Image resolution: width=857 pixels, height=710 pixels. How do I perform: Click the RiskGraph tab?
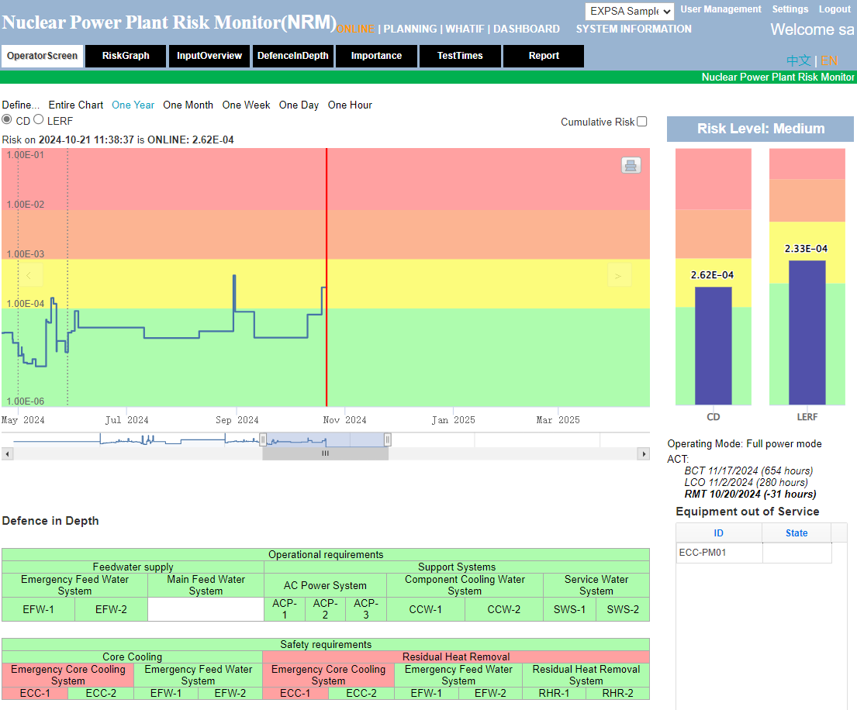click(126, 56)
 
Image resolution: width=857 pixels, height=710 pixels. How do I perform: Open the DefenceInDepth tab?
click(293, 56)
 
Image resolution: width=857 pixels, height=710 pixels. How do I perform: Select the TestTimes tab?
click(460, 56)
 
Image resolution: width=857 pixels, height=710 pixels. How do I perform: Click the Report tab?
click(544, 56)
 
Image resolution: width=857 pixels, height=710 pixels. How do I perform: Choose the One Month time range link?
click(188, 105)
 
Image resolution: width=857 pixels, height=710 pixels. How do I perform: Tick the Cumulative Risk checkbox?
click(641, 122)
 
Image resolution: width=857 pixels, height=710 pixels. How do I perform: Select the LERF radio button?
click(39, 120)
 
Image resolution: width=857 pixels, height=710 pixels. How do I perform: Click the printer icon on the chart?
click(631, 165)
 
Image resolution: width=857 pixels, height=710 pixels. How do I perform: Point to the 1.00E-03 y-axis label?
click(26, 254)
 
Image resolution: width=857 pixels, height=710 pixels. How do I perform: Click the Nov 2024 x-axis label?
click(345, 420)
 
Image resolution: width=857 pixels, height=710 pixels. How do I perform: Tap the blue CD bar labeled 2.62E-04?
click(713, 345)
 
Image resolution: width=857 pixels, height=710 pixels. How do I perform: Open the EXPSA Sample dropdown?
click(629, 11)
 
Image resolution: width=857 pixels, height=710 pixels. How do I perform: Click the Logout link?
click(835, 9)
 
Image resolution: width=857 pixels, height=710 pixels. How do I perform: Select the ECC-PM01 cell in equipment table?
click(719, 553)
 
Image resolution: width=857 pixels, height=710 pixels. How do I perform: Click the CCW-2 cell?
click(503, 609)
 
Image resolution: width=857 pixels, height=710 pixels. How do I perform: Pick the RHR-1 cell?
click(554, 693)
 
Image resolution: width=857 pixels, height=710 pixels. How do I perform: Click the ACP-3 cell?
click(366, 609)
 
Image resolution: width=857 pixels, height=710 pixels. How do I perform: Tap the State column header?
click(797, 532)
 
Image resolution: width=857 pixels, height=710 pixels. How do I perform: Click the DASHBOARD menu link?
click(527, 29)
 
